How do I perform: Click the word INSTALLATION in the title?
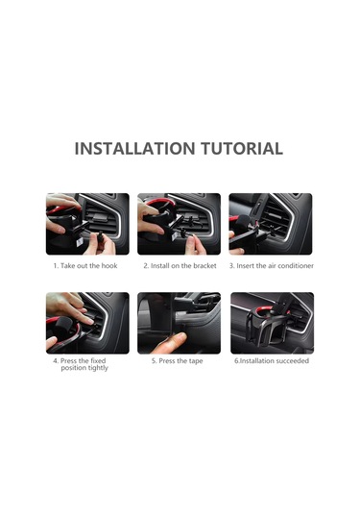tap(134, 149)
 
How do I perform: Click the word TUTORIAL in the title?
tap(242, 149)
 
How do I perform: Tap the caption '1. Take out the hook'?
tap(85, 265)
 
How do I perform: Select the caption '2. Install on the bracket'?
tap(180, 265)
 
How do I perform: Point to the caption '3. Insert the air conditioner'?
tap(272, 265)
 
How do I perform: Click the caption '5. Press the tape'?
tap(178, 361)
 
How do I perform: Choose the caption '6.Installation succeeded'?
tap(272, 360)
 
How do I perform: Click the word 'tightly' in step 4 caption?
tap(98, 368)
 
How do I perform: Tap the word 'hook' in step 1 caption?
tap(109, 265)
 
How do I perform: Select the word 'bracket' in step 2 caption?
tap(204, 265)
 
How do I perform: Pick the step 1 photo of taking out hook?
tap(87, 224)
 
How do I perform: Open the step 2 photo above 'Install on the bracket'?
tap(179, 224)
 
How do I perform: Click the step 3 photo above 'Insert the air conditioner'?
tap(271, 224)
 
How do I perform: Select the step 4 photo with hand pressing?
tap(87, 323)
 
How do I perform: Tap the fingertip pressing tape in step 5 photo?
tap(180, 337)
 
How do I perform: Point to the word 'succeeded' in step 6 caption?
tap(293, 360)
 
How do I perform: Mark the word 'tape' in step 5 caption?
tap(196, 361)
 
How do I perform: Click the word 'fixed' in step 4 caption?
tap(98, 360)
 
